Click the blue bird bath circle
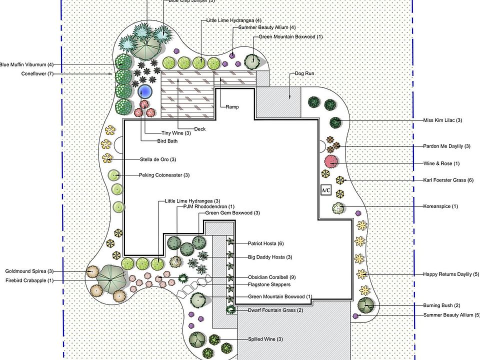[x=145, y=91]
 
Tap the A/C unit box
[x=326, y=190]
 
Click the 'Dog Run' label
[x=304, y=74]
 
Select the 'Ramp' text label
[x=232, y=107]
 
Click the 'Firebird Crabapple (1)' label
[x=29, y=280]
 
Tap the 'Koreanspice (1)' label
[x=440, y=206]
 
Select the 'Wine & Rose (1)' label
[x=441, y=163]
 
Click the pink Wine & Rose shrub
[x=331, y=161]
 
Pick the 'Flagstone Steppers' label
[x=269, y=284]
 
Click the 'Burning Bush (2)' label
[x=441, y=305]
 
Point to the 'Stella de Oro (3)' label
[x=158, y=159]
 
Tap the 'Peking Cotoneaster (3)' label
[x=164, y=175]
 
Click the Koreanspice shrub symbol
[x=338, y=208]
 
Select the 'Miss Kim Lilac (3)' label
[x=442, y=120]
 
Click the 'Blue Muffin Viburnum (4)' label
[x=26, y=64]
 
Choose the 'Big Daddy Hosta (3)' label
[x=270, y=257]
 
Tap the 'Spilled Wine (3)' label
[x=265, y=339]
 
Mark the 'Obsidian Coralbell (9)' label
[x=272, y=277]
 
